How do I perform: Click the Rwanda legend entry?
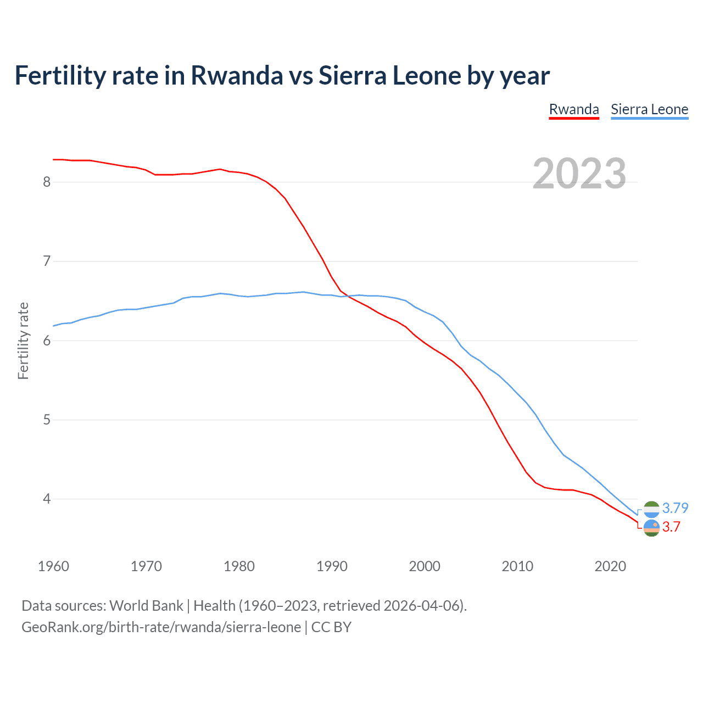[x=574, y=109]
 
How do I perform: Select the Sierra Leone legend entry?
[x=649, y=109]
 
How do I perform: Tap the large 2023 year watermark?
[x=579, y=174]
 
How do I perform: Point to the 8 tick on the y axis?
[x=47, y=182]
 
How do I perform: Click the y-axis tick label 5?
[x=47, y=420]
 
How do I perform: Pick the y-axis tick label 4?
[x=47, y=499]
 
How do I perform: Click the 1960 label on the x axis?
[x=53, y=566]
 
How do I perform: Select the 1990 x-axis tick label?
[x=332, y=566]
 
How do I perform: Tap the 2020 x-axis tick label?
[x=610, y=566]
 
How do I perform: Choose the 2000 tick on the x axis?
[x=425, y=566]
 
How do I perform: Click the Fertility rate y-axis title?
[x=23, y=341]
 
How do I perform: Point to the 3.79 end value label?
[x=675, y=508]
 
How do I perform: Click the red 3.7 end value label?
[x=671, y=527]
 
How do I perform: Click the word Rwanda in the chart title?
[x=237, y=76]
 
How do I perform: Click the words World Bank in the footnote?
[x=146, y=606]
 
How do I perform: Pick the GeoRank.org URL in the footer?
[x=161, y=627]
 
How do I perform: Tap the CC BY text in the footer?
[x=331, y=627]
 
